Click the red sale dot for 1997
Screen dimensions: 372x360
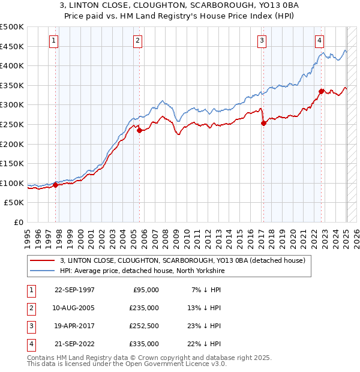(x=56, y=185)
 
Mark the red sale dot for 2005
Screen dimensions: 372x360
(x=139, y=130)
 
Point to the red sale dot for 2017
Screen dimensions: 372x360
(x=263, y=124)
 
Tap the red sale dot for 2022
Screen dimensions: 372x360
(x=321, y=91)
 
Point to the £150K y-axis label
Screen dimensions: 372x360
(x=12, y=163)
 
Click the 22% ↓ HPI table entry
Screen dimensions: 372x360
(x=205, y=344)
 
